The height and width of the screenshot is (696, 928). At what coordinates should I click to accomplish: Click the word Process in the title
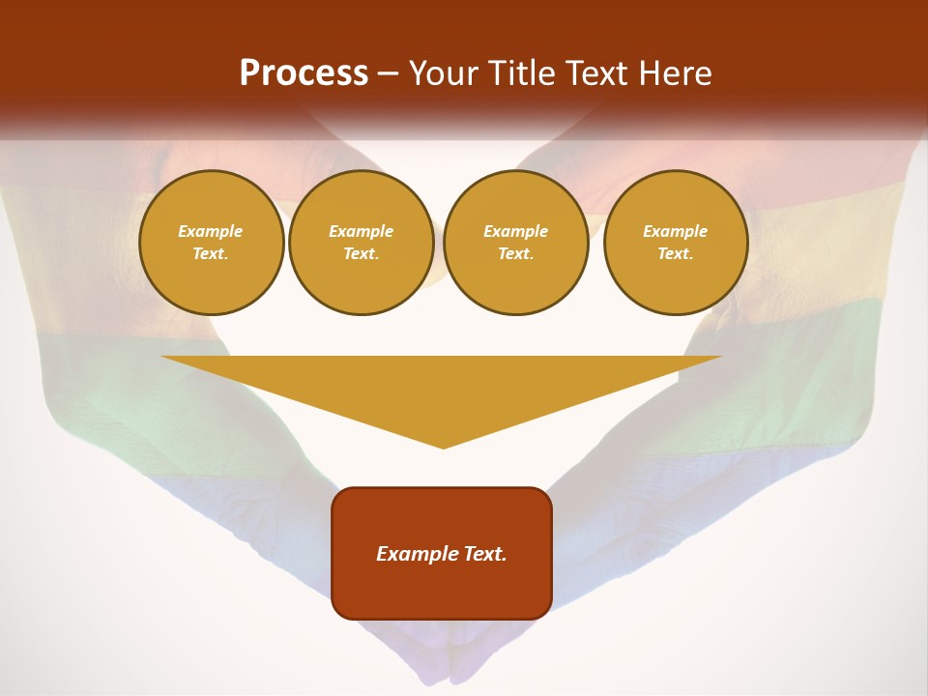pyautogui.click(x=304, y=73)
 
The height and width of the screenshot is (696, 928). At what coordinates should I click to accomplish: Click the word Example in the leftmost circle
pyautogui.click(x=211, y=231)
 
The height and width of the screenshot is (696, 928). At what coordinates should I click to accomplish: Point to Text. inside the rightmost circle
pyautogui.click(x=676, y=253)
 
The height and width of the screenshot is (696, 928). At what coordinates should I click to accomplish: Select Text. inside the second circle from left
pyautogui.click(x=362, y=253)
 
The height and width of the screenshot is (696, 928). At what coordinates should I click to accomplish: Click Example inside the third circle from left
pyautogui.click(x=516, y=231)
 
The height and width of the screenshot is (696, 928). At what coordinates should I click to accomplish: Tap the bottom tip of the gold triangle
pyautogui.click(x=443, y=446)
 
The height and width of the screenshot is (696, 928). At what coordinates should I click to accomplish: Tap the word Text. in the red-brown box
pyautogui.click(x=486, y=554)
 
